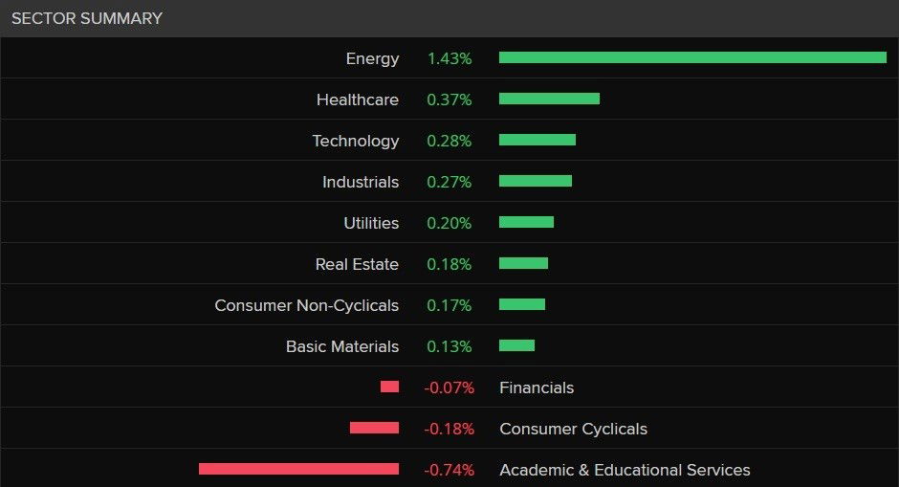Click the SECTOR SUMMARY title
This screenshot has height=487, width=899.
pyautogui.click(x=87, y=18)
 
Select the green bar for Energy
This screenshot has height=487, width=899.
pyautogui.click(x=692, y=57)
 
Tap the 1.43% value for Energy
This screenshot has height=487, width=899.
pyautogui.click(x=449, y=58)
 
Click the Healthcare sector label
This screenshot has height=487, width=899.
pyautogui.click(x=358, y=100)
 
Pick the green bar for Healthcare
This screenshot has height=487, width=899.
pyautogui.click(x=549, y=99)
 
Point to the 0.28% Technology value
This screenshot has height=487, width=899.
pyautogui.click(x=449, y=141)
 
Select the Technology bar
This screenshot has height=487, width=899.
pyautogui.click(x=537, y=140)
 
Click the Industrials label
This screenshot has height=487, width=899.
pyautogui.click(x=361, y=182)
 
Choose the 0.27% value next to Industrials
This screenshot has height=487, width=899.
pyautogui.click(x=449, y=182)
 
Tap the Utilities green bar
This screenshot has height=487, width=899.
pyautogui.click(x=526, y=222)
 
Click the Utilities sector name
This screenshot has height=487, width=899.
pyautogui.click(x=371, y=223)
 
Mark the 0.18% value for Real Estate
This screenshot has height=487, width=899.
pyautogui.click(x=449, y=264)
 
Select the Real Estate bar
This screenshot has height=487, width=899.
pyautogui.click(x=523, y=263)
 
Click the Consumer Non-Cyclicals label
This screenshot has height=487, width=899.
pyautogui.click(x=307, y=305)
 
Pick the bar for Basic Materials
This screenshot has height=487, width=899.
pyautogui.click(x=516, y=345)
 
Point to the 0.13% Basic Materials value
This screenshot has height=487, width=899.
pyautogui.click(x=449, y=346)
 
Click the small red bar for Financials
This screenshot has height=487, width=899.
pyautogui.click(x=389, y=387)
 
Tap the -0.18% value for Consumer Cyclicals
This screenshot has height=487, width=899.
pyautogui.click(x=449, y=429)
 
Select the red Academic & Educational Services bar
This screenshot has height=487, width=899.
pyautogui.click(x=298, y=469)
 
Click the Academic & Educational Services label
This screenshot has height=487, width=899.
pyautogui.click(x=625, y=470)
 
